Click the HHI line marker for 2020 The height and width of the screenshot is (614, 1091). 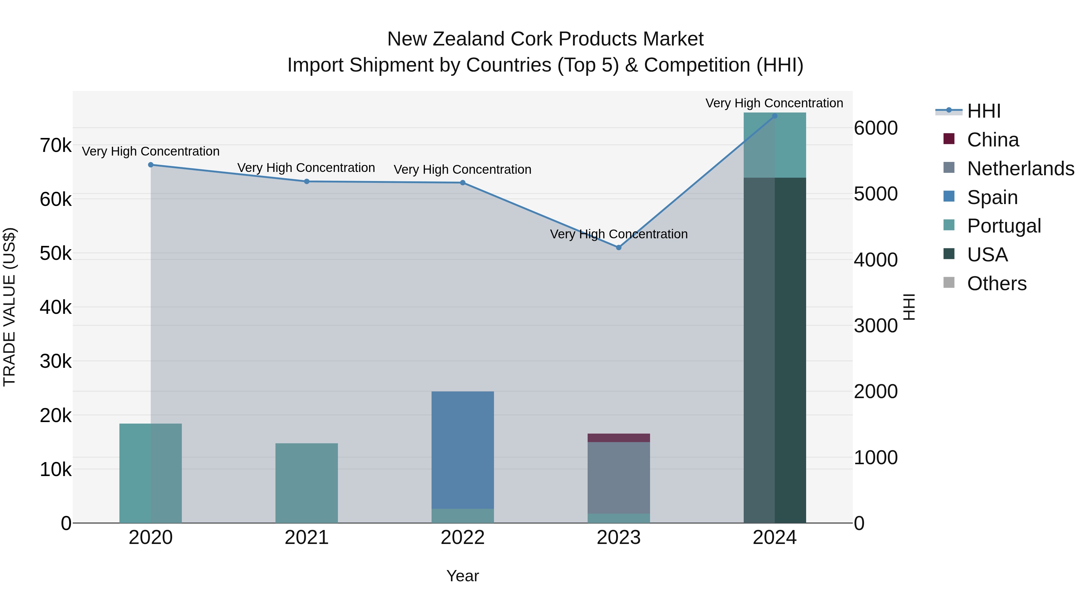(151, 165)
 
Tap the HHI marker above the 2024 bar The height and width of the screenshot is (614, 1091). (775, 116)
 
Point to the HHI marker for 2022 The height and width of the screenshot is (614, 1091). (462, 183)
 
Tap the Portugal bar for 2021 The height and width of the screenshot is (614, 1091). (307, 483)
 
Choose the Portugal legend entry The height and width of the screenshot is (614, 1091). (1003, 226)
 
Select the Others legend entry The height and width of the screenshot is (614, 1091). (996, 284)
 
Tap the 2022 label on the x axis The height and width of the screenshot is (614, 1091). (462, 538)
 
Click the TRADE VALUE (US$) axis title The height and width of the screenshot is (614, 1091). (9, 307)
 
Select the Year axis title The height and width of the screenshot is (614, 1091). (462, 576)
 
